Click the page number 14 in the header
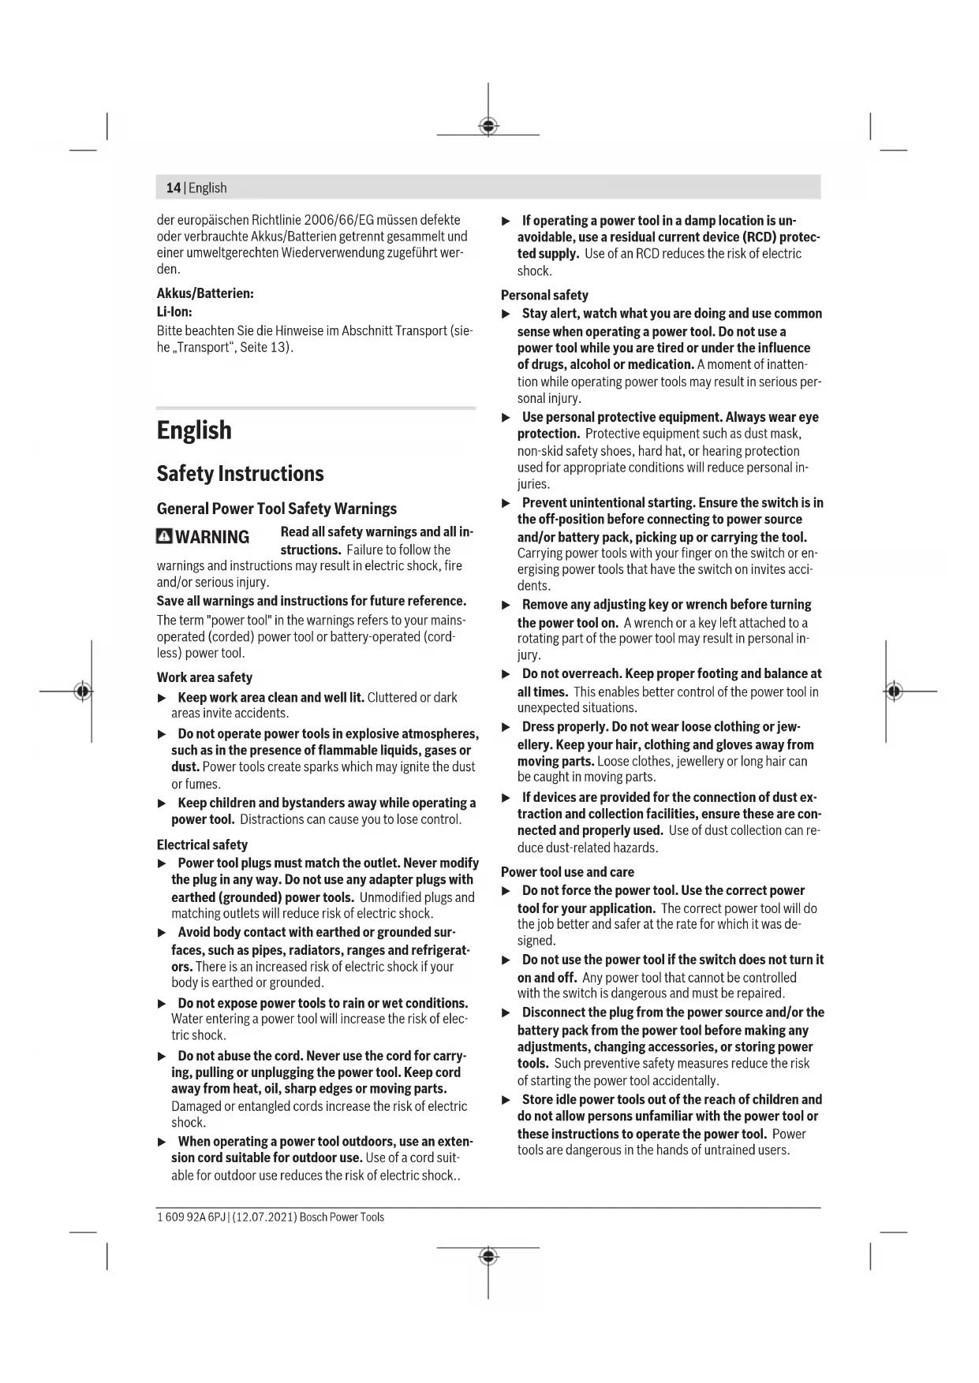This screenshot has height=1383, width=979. tap(173, 188)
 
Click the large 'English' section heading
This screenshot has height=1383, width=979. tap(194, 431)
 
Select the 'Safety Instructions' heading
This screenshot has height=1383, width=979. tap(240, 474)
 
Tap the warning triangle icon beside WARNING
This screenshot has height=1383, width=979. tap(164, 537)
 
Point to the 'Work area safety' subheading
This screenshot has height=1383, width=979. tap(204, 677)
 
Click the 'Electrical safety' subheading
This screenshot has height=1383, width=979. tap(202, 844)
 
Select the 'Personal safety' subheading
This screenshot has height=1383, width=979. tap(544, 295)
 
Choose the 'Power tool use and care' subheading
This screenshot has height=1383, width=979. tap(567, 872)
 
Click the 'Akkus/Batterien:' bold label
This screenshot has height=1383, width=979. tap(205, 293)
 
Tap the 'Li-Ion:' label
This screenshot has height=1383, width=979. tap(174, 311)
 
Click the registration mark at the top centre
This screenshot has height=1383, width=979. tap(488, 126)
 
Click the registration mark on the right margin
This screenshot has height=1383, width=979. tap(894, 691)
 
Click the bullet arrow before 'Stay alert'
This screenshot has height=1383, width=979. tap(507, 314)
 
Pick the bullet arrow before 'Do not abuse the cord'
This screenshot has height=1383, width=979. tap(163, 1057)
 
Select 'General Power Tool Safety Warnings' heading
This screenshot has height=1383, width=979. tap(276, 509)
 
